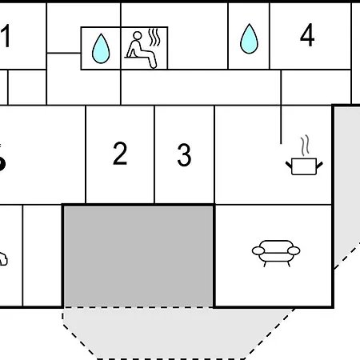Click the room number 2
(120, 153)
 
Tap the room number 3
(184, 154)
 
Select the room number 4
(307, 34)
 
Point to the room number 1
(6, 36)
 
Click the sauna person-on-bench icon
(142, 50)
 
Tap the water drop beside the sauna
(101, 49)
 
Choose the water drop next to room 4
(249, 39)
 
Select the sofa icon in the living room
(276, 253)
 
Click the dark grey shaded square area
(138, 256)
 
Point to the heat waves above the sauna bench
(154, 37)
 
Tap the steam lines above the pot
(306, 146)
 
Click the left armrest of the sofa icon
(258, 250)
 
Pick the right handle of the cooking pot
(319, 166)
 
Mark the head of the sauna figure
(138, 35)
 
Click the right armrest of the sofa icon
(294, 250)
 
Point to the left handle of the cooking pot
(289, 166)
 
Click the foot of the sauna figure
(154, 65)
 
